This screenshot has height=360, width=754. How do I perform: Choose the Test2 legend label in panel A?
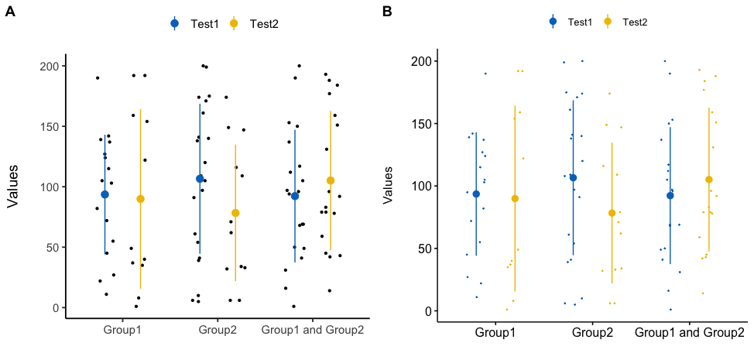coord(264,24)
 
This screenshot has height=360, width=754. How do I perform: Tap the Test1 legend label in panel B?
coord(580,22)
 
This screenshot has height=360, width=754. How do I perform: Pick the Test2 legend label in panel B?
coord(635,22)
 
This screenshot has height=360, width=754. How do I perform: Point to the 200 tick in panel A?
coord(49,66)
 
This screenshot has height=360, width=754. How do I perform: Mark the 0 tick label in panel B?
coord(429,311)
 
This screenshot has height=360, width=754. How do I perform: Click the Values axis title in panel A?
coord(12,187)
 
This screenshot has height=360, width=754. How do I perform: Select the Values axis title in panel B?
coord(389,187)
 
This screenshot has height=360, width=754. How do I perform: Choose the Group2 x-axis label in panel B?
coord(592,333)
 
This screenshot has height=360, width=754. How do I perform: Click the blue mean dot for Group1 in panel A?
coord(105,194)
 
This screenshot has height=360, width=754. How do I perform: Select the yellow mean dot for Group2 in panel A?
coord(235,213)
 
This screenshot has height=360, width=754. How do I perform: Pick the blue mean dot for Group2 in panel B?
coord(574,178)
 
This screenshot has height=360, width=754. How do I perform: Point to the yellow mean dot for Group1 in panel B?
coord(515,199)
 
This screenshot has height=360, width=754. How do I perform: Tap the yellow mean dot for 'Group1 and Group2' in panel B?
coord(708,180)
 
